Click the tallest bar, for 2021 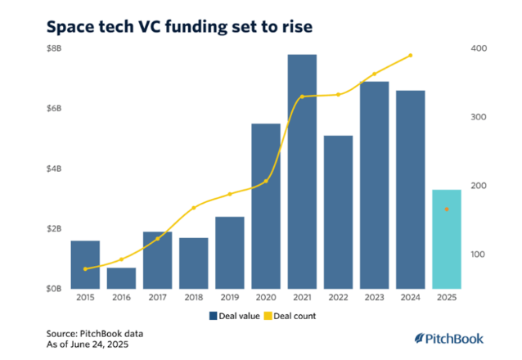click(302, 171)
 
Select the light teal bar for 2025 click(446, 239)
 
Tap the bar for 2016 click(121, 277)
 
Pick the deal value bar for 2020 click(266, 205)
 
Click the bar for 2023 click(374, 184)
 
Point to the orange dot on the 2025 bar click(447, 209)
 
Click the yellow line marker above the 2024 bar click(411, 56)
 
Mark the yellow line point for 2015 click(85, 268)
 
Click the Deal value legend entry click(234, 316)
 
